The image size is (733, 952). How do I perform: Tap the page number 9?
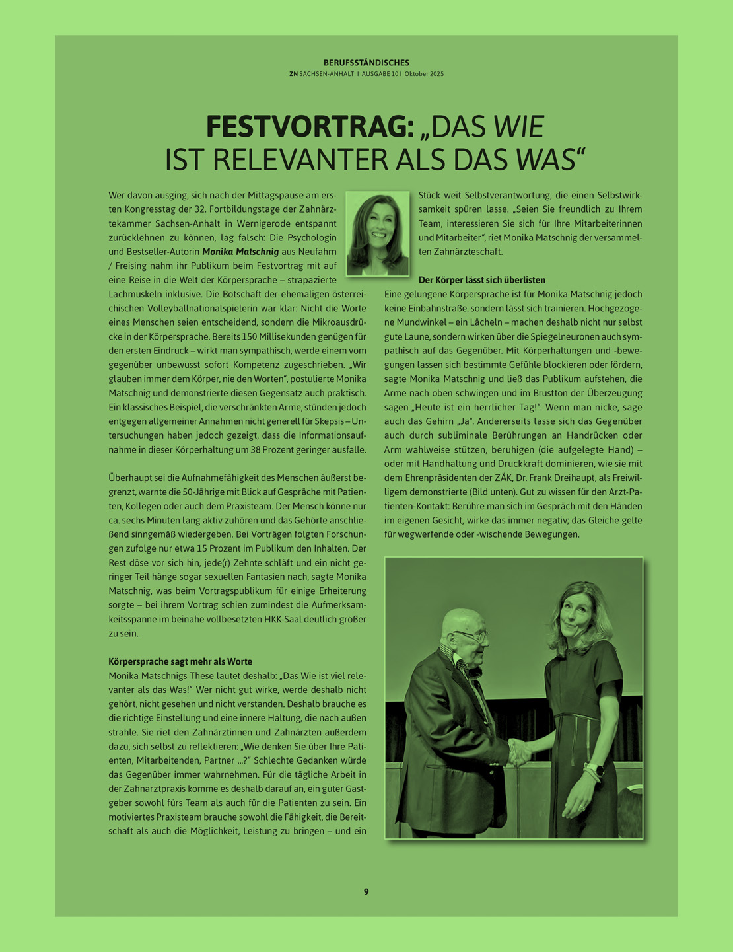[x=366, y=891]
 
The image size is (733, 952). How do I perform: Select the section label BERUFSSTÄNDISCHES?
[x=366, y=63]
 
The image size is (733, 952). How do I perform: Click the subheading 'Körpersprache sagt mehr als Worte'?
[x=180, y=661]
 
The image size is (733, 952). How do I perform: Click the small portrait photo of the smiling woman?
[x=378, y=233]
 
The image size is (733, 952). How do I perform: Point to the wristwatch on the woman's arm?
[x=594, y=770]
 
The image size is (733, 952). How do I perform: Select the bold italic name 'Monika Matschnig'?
[x=240, y=252]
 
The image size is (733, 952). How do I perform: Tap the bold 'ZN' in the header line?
[x=293, y=74]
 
